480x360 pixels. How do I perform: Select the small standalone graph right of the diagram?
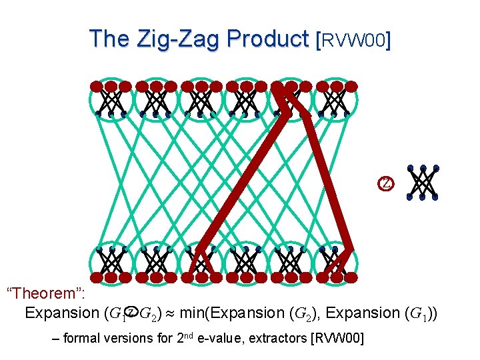(423, 182)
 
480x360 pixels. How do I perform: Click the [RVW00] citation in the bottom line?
(337, 339)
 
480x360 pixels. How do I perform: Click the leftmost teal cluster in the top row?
(111, 99)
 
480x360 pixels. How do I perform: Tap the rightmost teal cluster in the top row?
(335, 99)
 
